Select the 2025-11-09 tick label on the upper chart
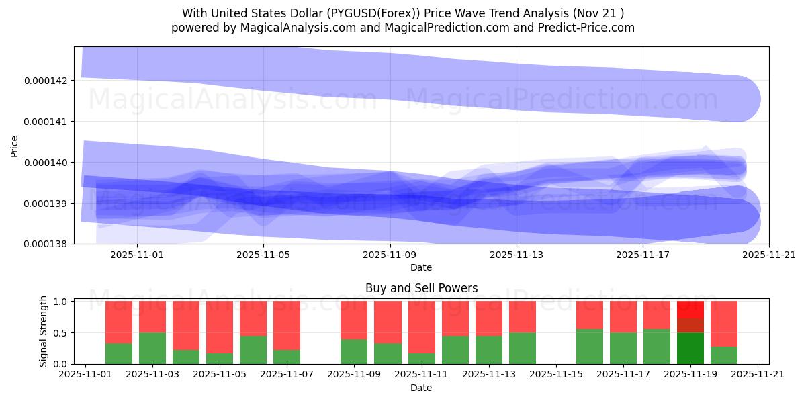coord(390,255)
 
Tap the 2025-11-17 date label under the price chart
coord(643,255)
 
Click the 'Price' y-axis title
coord(15,146)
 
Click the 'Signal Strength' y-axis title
coord(44,331)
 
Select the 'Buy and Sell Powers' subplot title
coord(421,288)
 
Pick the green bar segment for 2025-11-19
coord(690,348)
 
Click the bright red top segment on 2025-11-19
coord(690,309)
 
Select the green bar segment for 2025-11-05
coord(220,358)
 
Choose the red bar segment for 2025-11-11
coord(421,326)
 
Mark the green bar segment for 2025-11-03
coord(152,348)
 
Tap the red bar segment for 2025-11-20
coord(723,323)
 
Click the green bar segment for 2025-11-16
coord(589,347)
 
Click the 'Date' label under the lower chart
coord(421,388)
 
